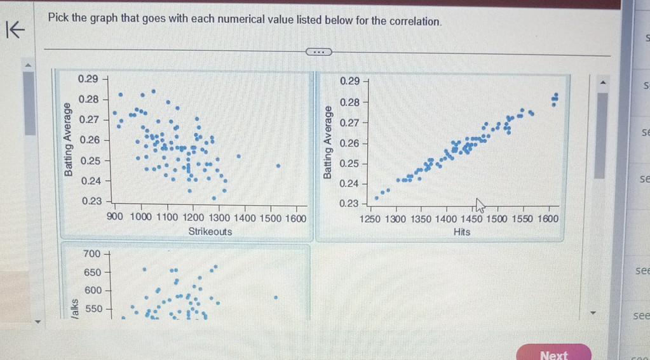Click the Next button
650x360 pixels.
(x=554, y=354)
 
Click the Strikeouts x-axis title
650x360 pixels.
(x=210, y=232)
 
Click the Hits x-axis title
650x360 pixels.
(x=462, y=232)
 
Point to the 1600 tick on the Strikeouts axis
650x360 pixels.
(x=295, y=218)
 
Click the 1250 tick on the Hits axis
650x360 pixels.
(x=370, y=219)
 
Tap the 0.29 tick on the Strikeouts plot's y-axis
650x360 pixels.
(x=88, y=79)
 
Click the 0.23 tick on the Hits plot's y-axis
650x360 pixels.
(x=350, y=204)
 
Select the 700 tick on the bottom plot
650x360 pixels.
(x=92, y=254)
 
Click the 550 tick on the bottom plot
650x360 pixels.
(x=92, y=309)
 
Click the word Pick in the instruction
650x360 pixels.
(x=58, y=21)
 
